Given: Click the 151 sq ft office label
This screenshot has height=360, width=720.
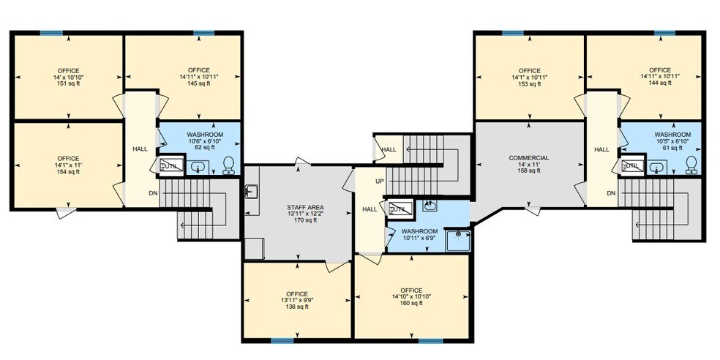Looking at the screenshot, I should pyautogui.click(x=68, y=77).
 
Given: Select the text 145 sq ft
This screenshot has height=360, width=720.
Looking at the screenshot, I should pyautogui.click(x=198, y=83).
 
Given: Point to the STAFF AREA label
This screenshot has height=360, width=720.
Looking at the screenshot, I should pyautogui.click(x=305, y=208).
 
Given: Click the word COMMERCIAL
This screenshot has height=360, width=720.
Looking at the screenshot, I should pyautogui.click(x=528, y=158).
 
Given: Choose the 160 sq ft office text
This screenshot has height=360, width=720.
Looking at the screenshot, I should pyautogui.click(x=410, y=303).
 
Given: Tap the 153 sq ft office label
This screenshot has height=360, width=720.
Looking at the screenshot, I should pyautogui.click(x=528, y=84).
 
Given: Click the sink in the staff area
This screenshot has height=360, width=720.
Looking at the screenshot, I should pyautogui.click(x=251, y=192).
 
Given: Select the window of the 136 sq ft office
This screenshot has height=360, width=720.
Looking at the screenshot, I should pyautogui.click(x=282, y=340).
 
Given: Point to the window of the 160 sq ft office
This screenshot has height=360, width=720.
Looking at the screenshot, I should pyautogui.click(x=430, y=340).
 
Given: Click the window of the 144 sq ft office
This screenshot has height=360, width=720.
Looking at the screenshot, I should pyautogui.click(x=664, y=32).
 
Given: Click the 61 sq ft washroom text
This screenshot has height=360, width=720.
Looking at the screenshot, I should pyautogui.click(x=672, y=147).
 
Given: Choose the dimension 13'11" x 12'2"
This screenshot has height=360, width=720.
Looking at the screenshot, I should pyautogui.click(x=305, y=214).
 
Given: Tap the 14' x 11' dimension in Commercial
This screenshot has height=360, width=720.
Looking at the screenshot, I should pyautogui.click(x=528, y=165).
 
